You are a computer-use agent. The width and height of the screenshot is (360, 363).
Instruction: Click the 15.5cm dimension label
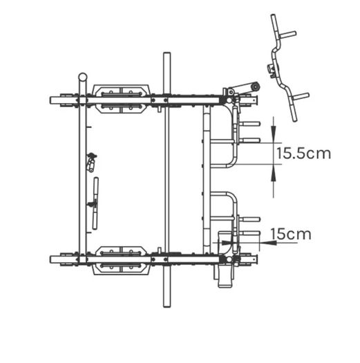[x=303, y=153]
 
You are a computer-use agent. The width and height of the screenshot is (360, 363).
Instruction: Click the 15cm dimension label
[x=291, y=234]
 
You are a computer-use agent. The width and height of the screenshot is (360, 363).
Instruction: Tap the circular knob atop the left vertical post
[x=83, y=77]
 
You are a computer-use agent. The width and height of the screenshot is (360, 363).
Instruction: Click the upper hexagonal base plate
[x=121, y=99]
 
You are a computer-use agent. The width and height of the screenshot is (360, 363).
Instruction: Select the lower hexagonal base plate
[x=121, y=261]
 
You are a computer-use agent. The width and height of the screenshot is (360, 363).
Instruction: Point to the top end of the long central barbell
[x=167, y=54]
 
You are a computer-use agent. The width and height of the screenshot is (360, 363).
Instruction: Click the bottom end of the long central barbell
[x=167, y=306]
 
